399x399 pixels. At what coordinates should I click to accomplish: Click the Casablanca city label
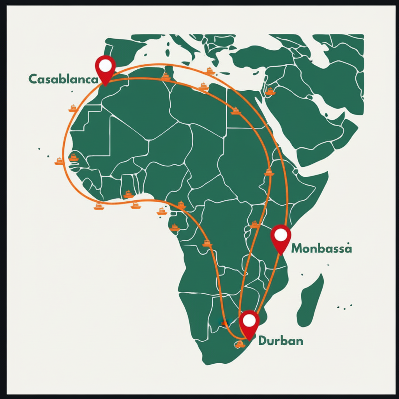64,79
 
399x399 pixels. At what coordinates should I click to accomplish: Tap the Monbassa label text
321,248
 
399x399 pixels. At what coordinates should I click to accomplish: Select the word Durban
281,341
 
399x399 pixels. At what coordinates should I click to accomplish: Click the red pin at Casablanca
105,67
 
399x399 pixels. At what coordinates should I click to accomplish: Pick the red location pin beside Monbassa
281,236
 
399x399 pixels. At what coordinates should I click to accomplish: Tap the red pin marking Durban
250,321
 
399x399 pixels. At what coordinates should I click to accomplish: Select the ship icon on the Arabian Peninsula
270,91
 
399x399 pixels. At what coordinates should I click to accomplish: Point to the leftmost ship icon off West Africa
59,161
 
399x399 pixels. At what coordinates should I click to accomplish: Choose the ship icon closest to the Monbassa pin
254,224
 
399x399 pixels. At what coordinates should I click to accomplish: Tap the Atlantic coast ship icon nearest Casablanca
73,108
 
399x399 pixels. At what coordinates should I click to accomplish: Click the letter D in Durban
262,341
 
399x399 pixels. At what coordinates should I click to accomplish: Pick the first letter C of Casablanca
33,79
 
